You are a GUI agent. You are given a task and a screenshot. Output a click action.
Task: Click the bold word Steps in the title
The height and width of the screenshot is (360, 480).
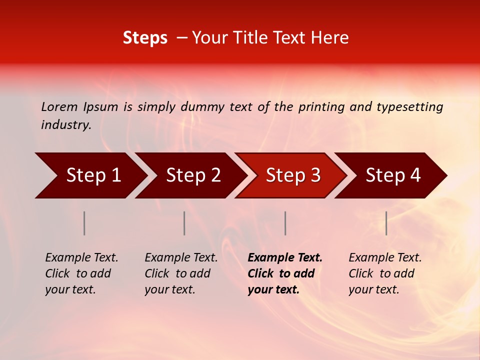pyautogui.click(x=145, y=38)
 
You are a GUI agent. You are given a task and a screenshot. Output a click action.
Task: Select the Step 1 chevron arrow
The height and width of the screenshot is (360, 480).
pyautogui.click(x=90, y=175)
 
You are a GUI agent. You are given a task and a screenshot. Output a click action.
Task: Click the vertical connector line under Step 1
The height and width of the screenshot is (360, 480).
pyautogui.click(x=84, y=223)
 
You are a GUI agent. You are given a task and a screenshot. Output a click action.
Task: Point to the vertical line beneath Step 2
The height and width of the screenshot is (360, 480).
pyautogui.click(x=184, y=223)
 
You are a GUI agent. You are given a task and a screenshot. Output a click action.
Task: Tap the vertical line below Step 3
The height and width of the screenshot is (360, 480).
pyautogui.click(x=285, y=223)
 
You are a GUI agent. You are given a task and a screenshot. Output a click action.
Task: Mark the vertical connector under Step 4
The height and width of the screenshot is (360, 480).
pyautogui.click(x=386, y=223)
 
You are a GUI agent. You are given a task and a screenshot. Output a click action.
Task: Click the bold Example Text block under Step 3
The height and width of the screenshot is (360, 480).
pyautogui.click(x=285, y=273)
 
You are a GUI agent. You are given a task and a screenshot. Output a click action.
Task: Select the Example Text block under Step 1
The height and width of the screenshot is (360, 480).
pyautogui.click(x=81, y=273)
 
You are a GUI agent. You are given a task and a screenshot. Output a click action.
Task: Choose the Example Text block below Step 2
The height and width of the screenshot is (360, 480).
pyautogui.click(x=181, y=273)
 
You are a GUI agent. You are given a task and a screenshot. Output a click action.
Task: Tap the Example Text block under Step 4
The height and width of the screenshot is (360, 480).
pyautogui.click(x=385, y=273)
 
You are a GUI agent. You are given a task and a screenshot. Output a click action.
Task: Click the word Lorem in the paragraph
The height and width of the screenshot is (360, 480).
pyautogui.click(x=59, y=107)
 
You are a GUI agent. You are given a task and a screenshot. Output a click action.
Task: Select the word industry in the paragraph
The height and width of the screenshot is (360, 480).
pyautogui.click(x=65, y=125)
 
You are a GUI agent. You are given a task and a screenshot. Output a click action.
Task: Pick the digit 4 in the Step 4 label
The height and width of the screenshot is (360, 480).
pyautogui.click(x=415, y=175)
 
